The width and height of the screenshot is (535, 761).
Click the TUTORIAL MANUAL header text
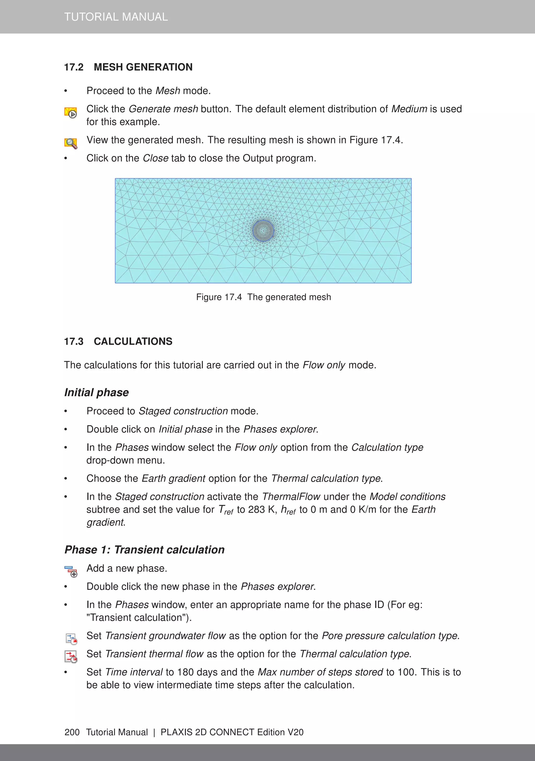pos(116,17)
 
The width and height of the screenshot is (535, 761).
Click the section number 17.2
pos(74,67)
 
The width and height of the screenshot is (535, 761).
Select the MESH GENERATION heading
pos(143,67)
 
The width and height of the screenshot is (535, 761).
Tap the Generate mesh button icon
pos(71,112)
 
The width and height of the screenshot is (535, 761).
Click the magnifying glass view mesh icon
pos(71,143)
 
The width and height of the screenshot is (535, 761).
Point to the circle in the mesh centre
pos(263,230)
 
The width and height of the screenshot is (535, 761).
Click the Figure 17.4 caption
pos(264,297)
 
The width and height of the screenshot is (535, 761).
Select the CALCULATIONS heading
pos(133,341)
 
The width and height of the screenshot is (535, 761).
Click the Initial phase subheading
pos(96,392)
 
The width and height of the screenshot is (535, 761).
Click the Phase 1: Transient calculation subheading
pos(144,550)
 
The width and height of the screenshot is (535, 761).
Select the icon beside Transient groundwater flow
pos(71,639)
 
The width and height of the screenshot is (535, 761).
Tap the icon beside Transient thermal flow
pos(71,657)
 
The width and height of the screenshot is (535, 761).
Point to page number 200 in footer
pos(72,732)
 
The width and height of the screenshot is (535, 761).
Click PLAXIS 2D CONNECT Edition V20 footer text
pos(232,732)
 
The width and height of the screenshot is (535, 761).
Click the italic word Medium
pos(409,109)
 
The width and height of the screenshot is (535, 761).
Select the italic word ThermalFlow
pos(291,497)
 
